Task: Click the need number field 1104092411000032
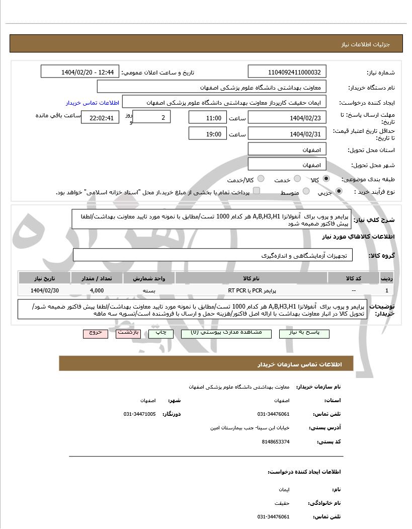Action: tap(287, 71)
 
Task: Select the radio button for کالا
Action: tap(326, 179)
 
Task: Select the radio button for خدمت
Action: tap(297, 179)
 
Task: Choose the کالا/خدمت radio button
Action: tap(261, 179)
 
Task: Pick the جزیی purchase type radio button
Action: tap(339, 191)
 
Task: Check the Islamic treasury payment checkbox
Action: tap(257, 191)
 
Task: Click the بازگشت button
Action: tap(128, 333)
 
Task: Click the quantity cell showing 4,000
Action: tap(97, 290)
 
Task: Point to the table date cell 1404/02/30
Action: tap(45, 290)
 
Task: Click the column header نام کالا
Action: tap(251, 278)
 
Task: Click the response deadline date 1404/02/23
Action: tap(287, 118)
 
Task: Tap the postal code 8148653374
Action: tap(276, 441)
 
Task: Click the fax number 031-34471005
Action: tap(139, 414)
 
